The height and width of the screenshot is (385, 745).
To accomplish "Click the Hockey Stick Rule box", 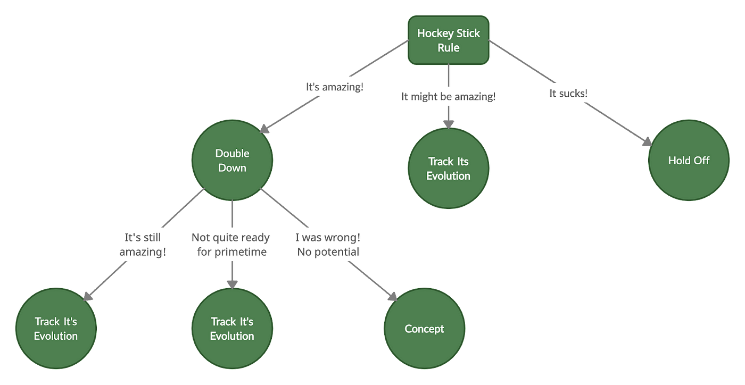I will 448,40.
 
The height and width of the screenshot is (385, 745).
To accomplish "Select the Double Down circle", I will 232,161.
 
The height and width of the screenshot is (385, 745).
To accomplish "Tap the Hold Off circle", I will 689,161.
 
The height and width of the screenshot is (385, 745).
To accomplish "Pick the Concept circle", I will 424,329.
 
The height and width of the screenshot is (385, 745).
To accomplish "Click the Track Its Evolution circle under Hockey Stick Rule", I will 448,169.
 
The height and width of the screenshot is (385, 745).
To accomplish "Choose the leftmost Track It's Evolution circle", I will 56,329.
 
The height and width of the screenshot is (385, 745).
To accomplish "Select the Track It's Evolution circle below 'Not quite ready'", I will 232,329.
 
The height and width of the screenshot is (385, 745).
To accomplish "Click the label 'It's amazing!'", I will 334,87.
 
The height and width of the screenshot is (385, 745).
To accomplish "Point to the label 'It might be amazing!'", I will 448,97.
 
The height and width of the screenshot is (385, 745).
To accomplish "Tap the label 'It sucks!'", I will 568,93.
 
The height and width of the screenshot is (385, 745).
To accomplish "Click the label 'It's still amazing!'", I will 142,244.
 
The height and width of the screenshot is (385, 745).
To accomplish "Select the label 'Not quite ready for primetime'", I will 230,244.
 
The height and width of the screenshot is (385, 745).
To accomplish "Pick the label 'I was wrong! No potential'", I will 327,244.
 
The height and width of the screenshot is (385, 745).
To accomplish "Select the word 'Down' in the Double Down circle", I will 232,168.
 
